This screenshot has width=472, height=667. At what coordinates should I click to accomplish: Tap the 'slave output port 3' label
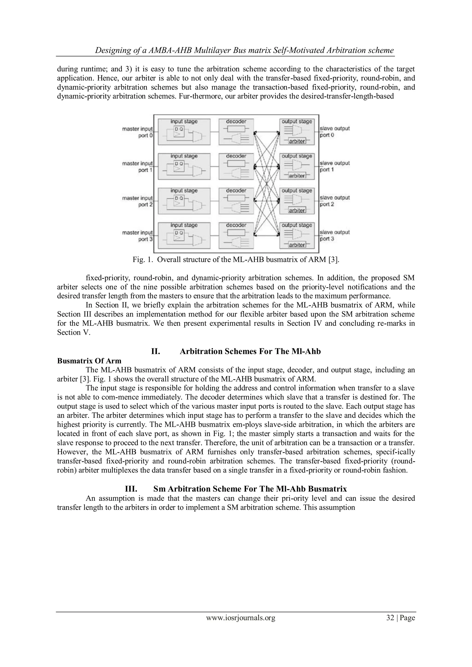point(335,236)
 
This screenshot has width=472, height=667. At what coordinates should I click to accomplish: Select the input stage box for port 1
point(184,166)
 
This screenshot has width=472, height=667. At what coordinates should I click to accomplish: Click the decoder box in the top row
point(236,132)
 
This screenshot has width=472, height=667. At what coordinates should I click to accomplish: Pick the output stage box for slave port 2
point(297,201)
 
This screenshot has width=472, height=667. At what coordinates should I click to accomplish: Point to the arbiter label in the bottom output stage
point(297,245)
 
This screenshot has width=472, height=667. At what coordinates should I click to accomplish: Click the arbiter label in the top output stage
point(297,141)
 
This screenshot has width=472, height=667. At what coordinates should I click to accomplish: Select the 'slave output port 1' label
point(335,166)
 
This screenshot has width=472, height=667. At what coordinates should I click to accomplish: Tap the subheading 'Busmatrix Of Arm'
point(89,361)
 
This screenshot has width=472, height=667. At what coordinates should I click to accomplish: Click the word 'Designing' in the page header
point(112,50)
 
